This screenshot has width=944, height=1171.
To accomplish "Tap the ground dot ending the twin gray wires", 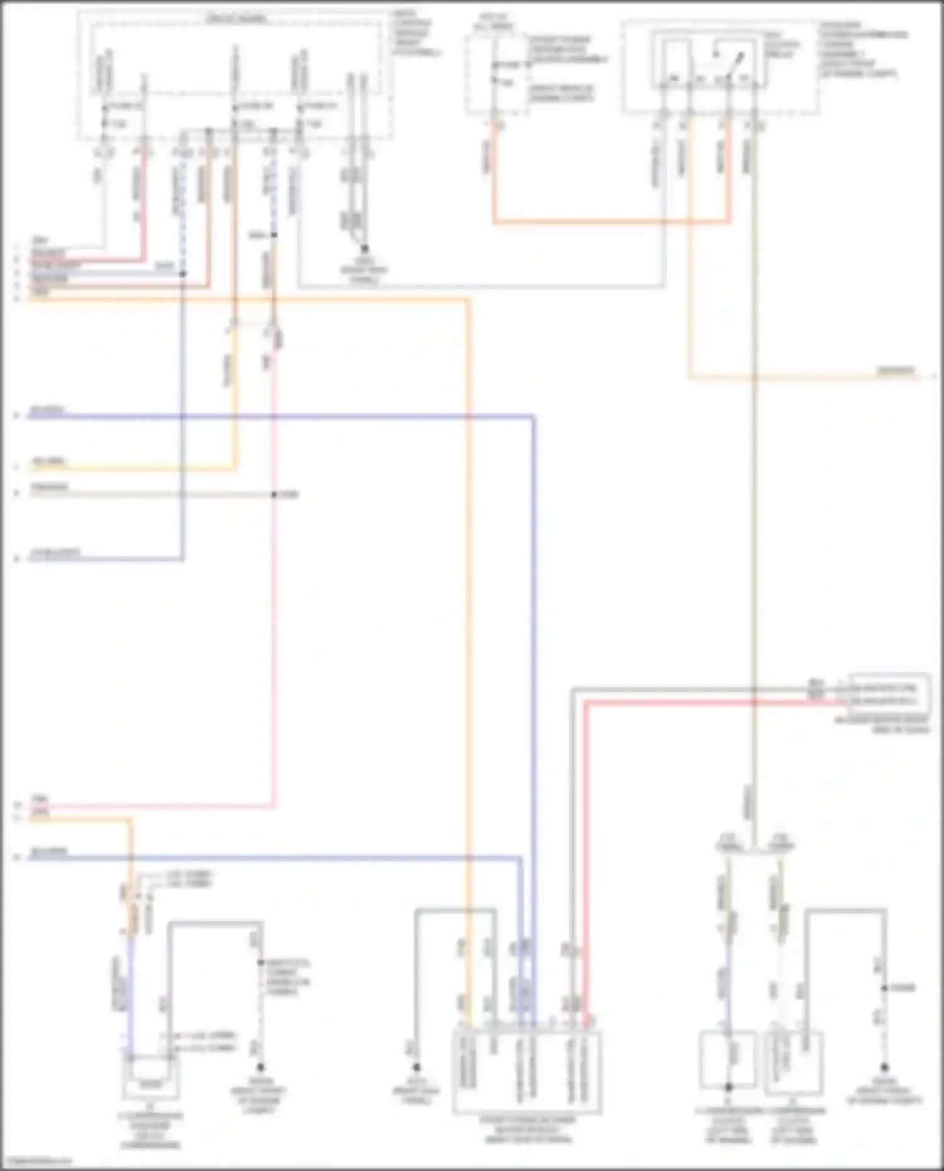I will coord(364,249).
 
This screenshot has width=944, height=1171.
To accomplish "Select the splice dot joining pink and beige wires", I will coord(274,495).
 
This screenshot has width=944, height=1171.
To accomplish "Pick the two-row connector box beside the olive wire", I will coord(889,694).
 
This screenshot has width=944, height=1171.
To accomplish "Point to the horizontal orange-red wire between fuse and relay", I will coord(610,221).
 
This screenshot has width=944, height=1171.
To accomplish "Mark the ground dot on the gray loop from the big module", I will coord(416,1067).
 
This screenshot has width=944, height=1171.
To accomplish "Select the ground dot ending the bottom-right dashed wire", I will coord(884,1067).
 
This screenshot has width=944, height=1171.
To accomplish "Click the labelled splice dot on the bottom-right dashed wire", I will coord(884,988).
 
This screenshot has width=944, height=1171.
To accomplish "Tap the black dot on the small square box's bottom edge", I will coord(728,1087).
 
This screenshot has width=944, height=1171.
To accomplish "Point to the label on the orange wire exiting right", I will coord(896,370).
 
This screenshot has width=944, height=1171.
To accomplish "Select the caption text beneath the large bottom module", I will coord(527,1129).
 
